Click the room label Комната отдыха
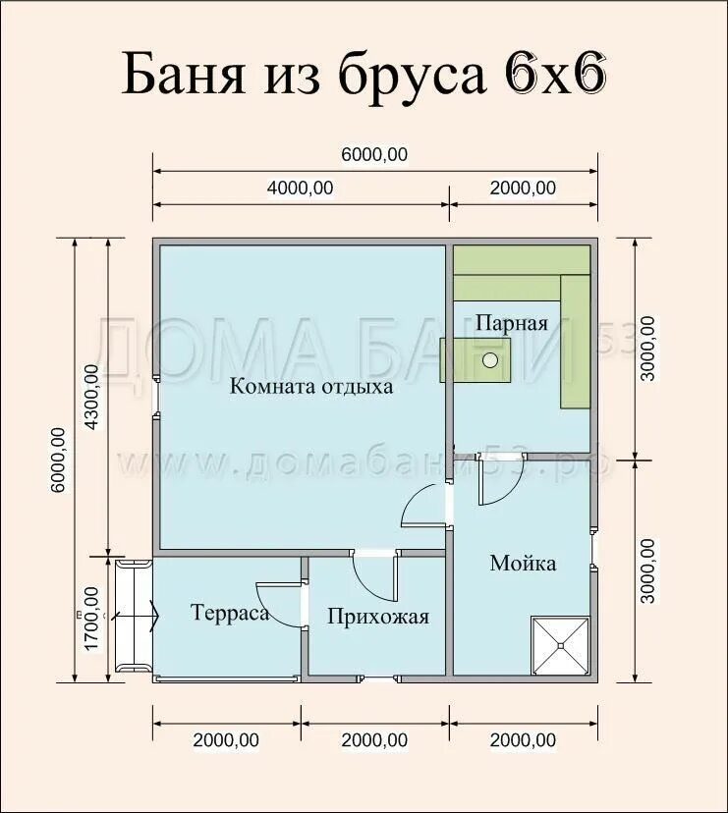coord(311,387)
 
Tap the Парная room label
coord(512,323)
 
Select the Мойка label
coord(523,563)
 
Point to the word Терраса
coord(230,613)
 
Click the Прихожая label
coord(378,617)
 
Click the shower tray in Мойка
coord(560,645)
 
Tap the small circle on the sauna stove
coord(490,359)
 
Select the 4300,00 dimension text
coord(91,397)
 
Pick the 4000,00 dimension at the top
coord(300,188)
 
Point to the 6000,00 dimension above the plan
coord(374,154)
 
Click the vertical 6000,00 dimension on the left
coord(58,461)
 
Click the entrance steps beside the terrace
coord(134,616)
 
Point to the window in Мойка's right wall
coord(594,550)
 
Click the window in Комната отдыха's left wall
coord(156,396)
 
